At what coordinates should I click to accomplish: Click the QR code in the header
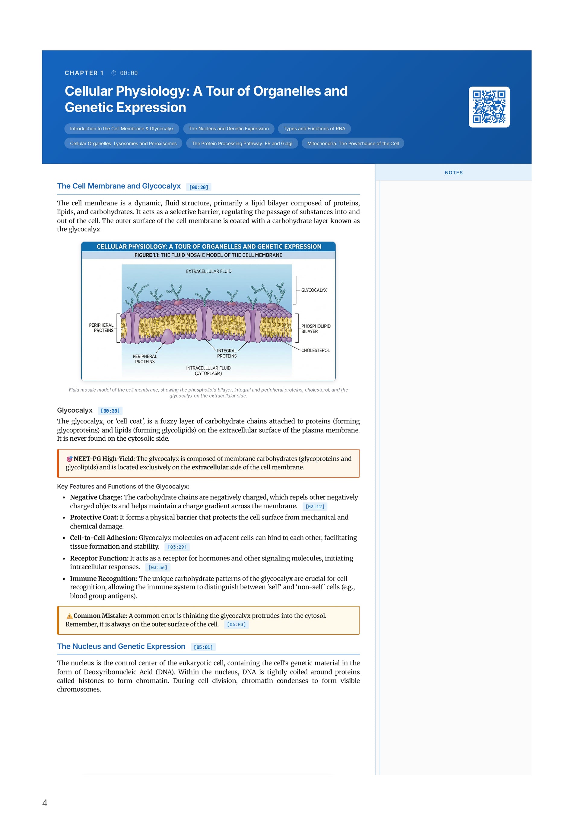[x=489, y=107]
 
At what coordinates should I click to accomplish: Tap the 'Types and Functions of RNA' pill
[x=314, y=128]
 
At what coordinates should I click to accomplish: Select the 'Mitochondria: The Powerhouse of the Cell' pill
[x=353, y=143]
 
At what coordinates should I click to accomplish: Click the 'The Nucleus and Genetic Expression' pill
[x=229, y=128]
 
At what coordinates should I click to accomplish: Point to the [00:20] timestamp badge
[x=199, y=187]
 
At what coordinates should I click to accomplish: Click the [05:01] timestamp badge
[x=203, y=647]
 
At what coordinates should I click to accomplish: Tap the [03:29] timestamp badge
[x=177, y=547]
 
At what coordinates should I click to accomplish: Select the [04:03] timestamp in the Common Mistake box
[x=236, y=624]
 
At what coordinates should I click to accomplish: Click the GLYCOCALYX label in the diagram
[x=314, y=290]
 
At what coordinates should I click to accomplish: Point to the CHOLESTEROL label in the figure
[x=315, y=350]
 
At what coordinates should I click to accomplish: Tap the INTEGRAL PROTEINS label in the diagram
[x=227, y=353]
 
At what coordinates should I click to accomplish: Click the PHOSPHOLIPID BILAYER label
[x=316, y=329]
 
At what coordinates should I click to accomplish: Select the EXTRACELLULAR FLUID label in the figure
[x=209, y=271]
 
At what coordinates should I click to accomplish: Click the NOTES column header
[x=453, y=173]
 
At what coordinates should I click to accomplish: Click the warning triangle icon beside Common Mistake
[x=69, y=616]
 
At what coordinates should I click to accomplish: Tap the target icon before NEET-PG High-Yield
[x=69, y=459]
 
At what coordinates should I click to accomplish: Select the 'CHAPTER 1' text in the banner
[x=84, y=73]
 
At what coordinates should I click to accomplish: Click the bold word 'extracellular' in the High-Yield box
[x=210, y=467]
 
